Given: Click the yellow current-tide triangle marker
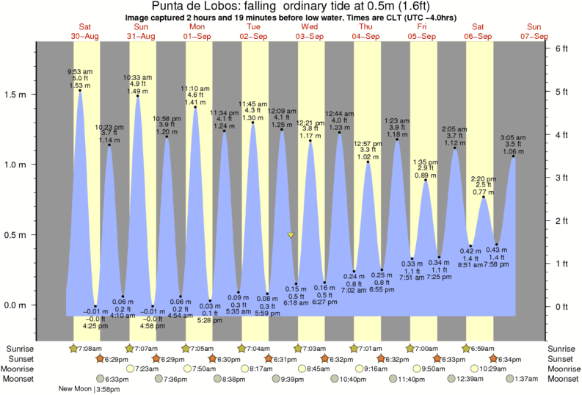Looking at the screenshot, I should pos(291,236).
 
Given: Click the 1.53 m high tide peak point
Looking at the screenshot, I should pos(79,90).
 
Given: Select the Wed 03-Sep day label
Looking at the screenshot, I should pos(309,31).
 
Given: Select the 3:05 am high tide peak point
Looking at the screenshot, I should pos(512,156).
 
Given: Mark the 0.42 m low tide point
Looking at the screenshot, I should pos(470,247).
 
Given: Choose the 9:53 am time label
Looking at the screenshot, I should pos(79,71).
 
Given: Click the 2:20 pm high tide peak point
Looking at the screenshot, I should pos(484,197).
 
